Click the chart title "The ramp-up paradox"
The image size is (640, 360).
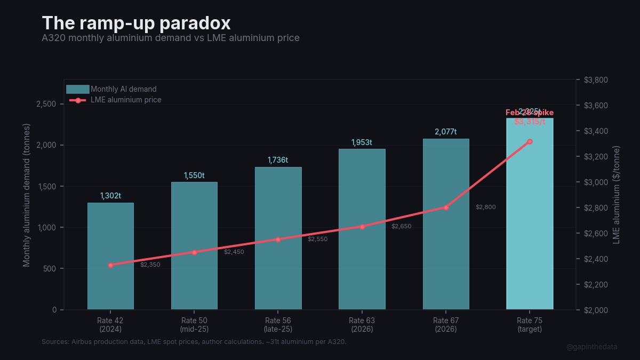click(136, 23)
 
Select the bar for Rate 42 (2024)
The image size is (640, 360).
click(110, 256)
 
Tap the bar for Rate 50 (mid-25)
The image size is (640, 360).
click(194, 245)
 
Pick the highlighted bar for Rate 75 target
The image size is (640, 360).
click(530, 213)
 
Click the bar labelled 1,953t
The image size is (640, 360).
click(362, 229)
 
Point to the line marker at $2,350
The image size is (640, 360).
click(110, 265)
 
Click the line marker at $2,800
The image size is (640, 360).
click(446, 207)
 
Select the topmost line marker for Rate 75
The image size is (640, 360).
click(530, 141)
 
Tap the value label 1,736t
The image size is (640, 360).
click(278, 160)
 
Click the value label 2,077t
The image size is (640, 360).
click(446, 132)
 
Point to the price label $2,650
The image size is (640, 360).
click(401, 226)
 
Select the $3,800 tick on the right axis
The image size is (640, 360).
click(596, 80)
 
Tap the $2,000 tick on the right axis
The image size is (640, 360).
click(596, 310)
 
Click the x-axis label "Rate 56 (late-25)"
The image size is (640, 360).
click(278, 325)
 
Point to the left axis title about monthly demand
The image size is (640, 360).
click(27, 195)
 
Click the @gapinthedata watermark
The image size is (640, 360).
click(591, 347)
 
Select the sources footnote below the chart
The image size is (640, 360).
click(194, 341)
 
